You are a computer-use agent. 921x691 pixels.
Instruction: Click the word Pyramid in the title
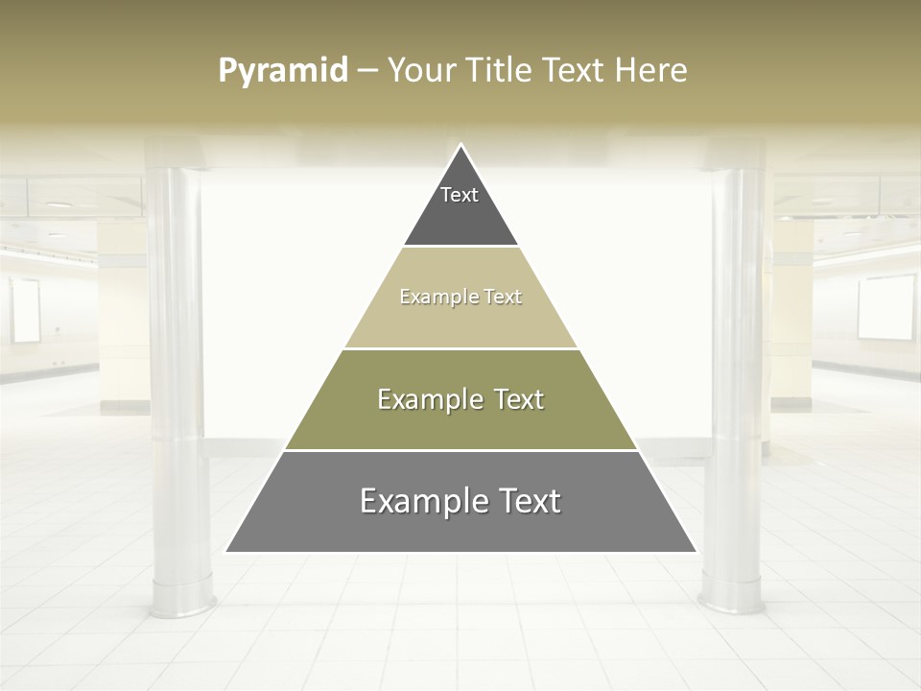click(283, 71)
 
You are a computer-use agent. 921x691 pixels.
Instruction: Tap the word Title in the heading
click(499, 71)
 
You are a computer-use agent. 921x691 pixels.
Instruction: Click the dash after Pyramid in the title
click(366, 71)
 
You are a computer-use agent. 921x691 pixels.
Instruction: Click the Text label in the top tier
click(460, 195)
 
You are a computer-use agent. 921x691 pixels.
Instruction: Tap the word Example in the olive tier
click(429, 399)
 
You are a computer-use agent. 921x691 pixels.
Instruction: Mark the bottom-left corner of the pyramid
click(226, 552)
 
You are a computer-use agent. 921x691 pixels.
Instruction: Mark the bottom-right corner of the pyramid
click(696, 552)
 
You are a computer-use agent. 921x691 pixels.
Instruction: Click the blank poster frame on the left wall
click(26, 311)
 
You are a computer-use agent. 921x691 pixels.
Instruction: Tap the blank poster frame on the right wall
click(886, 307)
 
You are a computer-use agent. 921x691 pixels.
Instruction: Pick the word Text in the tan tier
click(503, 297)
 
